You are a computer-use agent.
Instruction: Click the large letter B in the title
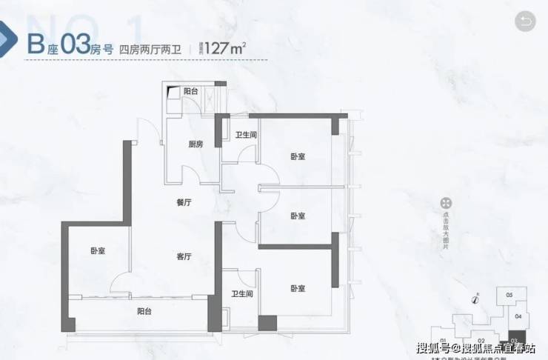point(34,43)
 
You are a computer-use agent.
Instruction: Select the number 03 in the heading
point(76,43)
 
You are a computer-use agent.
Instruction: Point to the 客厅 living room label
point(184,257)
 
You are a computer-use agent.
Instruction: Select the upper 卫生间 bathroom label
point(246,135)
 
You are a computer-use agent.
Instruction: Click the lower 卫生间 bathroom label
point(242,293)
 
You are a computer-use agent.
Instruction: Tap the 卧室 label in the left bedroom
point(98,251)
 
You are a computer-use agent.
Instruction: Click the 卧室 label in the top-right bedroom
point(298,156)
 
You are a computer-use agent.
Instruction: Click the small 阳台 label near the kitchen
point(190,91)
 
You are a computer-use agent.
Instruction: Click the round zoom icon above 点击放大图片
point(447,203)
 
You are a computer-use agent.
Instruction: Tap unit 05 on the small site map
point(509,296)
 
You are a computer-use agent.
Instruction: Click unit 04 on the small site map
point(518,316)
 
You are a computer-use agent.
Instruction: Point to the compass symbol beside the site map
point(474,300)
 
